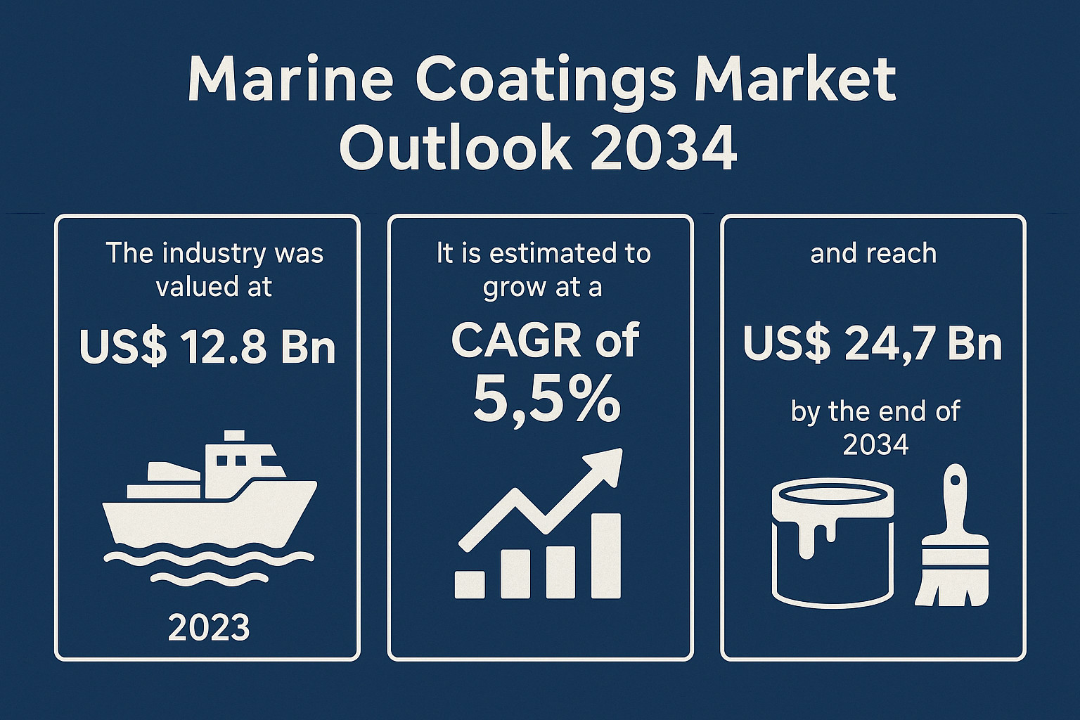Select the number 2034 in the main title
664,148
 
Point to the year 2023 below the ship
209,628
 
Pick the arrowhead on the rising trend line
606,465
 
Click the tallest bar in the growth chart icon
605,555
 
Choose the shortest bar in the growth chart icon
470,584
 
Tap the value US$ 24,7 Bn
873,345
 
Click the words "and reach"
873,253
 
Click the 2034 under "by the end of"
875,444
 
